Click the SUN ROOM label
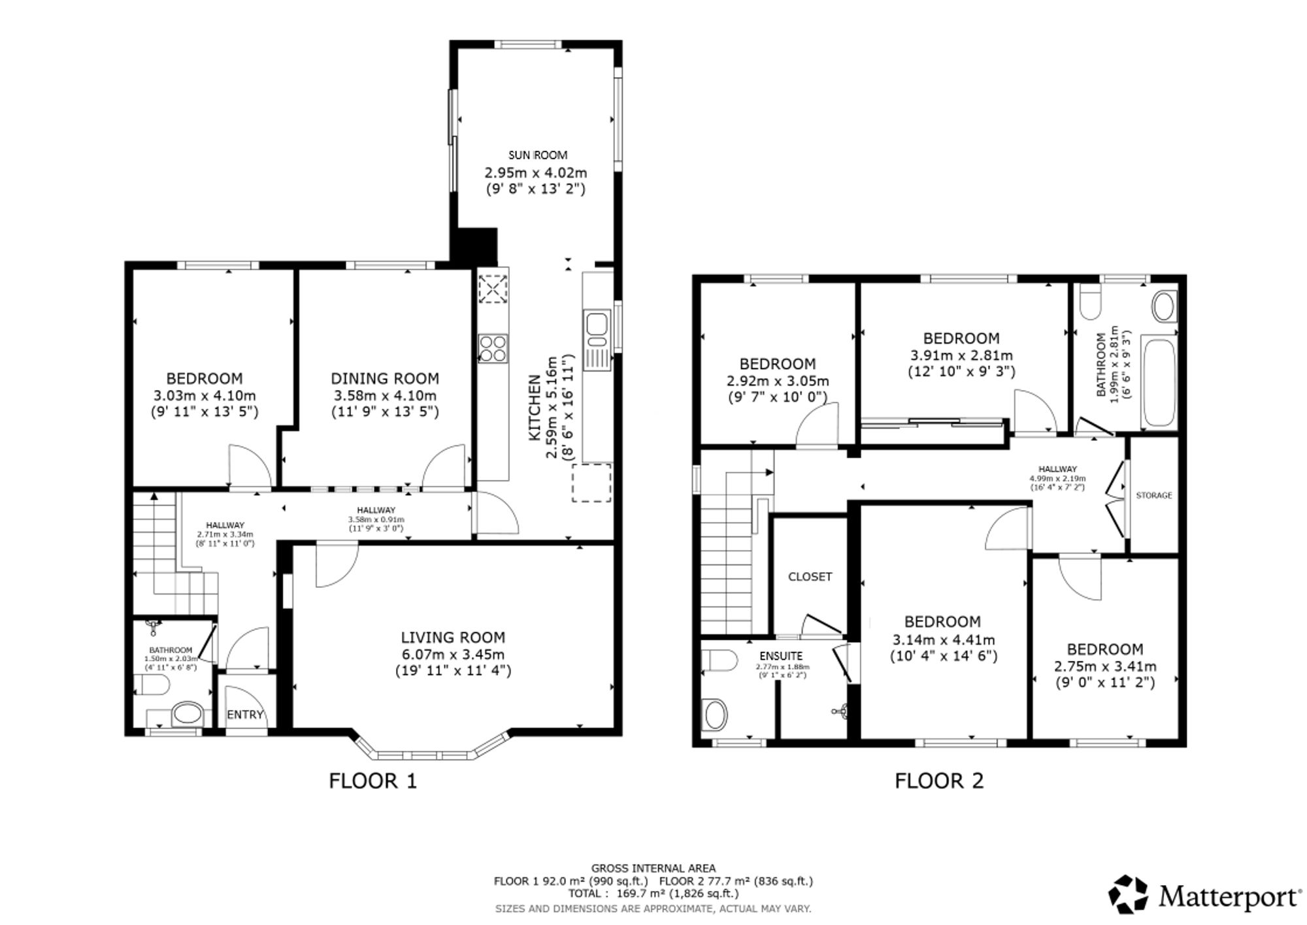click(x=538, y=155)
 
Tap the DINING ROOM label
click(x=385, y=378)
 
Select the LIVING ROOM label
click(x=453, y=637)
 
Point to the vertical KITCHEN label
click(x=535, y=407)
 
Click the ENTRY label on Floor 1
click(x=245, y=715)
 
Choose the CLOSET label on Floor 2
click(x=810, y=576)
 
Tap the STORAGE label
click(x=1154, y=495)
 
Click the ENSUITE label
click(x=781, y=656)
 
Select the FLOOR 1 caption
click(x=372, y=781)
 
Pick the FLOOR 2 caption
click(x=939, y=781)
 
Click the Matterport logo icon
click(x=1129, y=894)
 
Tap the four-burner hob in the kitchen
click(x=493, y=348)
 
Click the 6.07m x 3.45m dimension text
click(x=453, y=654)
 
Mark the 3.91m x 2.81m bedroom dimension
click(x=961, y=355)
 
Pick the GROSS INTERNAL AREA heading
click(x=653, y=868)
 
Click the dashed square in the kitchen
click(x=592, y=483)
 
